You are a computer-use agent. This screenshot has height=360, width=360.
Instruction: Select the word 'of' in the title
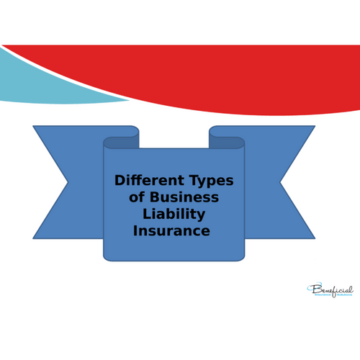(x=137, y=197)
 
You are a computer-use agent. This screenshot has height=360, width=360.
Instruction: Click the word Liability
(x=174, y=214)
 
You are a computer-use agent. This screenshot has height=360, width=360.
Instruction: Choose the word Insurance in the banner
(x=171, y=231)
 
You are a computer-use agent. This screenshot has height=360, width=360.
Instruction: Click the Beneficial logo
(x=330, y=290)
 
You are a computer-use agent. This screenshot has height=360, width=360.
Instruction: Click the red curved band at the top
(x=238, y=79)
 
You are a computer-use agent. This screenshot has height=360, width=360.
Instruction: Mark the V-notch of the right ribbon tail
(x=282, y=182)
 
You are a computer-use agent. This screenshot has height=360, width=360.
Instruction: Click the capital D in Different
(x=120, y=181)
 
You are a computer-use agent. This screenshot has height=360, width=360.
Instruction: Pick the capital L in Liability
(x=146, y=214)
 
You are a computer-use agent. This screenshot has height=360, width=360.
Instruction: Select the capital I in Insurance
(x=135, y=231)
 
